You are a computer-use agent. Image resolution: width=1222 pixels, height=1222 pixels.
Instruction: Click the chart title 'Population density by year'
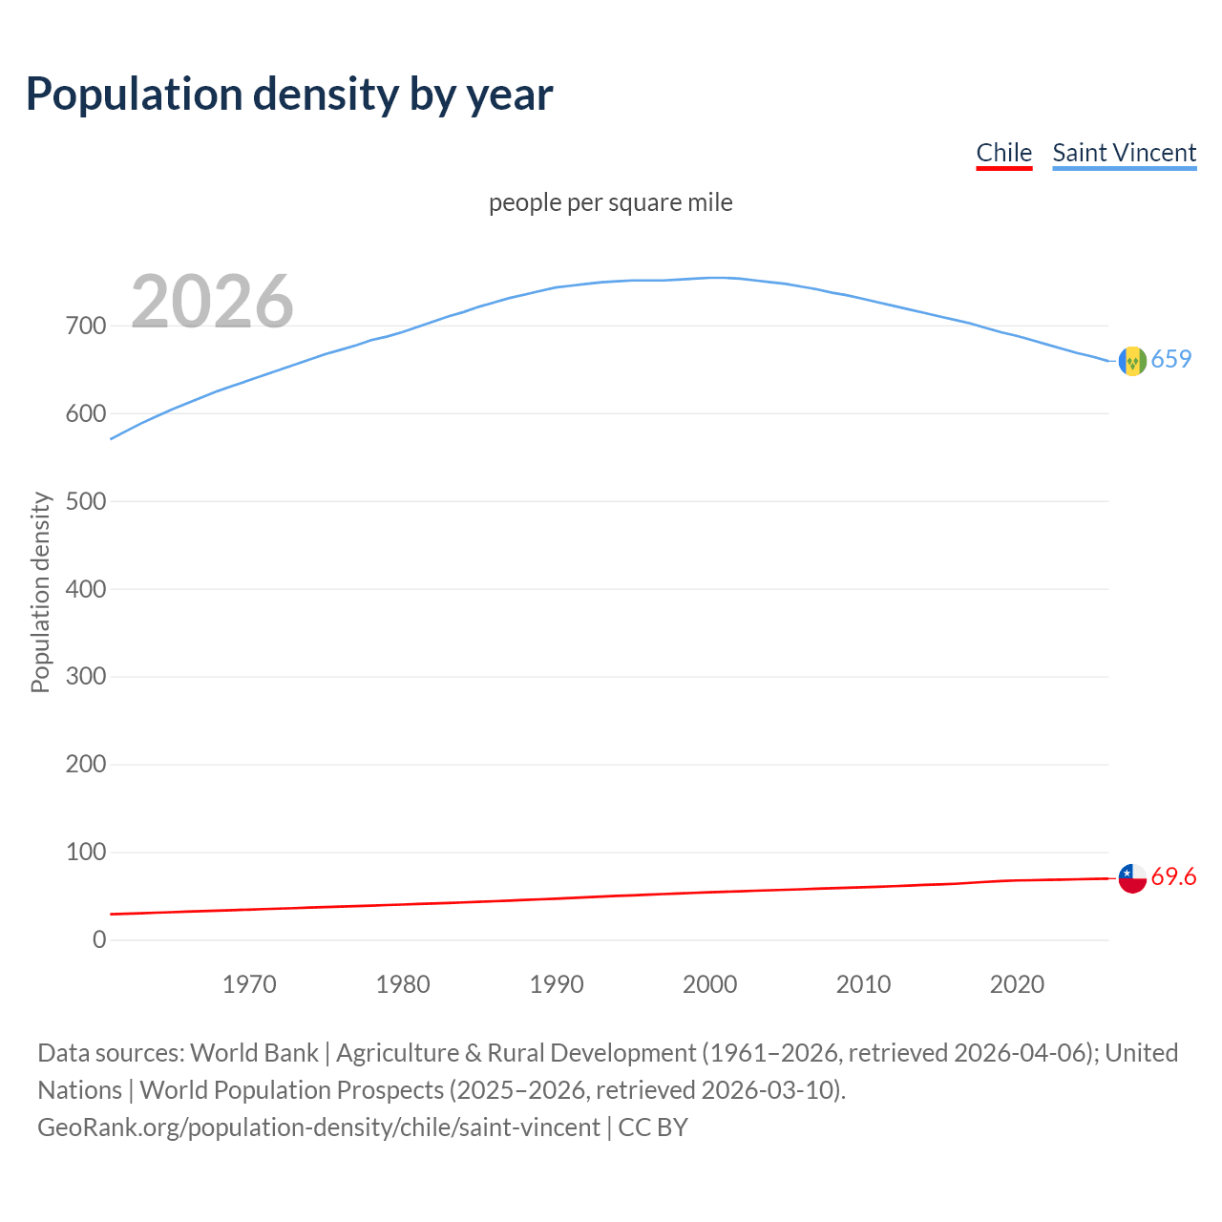pos(289,95)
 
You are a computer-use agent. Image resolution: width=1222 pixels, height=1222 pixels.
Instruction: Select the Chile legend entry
pos(1003,153)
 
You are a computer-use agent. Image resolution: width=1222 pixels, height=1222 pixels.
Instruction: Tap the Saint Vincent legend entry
pos(1124,153)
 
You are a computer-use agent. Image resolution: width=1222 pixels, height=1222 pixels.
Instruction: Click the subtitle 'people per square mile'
pos(610,203)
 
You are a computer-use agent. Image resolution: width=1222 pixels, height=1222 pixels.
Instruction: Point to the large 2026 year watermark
pos(212,302)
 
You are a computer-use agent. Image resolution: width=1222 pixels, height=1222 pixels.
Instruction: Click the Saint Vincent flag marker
pos(1132,361)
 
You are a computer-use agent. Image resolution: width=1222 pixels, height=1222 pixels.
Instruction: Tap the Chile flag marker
pos(1132,878)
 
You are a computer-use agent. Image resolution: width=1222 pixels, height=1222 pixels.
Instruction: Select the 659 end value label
pos(1171,359)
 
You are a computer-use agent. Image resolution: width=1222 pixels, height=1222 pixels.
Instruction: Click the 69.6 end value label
pos(1173,876)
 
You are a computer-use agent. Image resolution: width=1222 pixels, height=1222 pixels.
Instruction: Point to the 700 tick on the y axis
pos(86,327)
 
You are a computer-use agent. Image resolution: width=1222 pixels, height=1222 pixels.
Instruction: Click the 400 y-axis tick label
pos(86,589)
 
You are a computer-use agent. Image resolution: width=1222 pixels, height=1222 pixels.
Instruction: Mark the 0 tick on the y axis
pos(99,939)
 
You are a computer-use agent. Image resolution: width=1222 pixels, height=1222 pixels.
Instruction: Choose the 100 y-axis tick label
pos(86,852)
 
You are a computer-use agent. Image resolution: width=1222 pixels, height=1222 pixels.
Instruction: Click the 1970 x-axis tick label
pos(249,984)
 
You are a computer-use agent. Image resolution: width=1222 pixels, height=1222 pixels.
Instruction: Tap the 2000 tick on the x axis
pos(709,984)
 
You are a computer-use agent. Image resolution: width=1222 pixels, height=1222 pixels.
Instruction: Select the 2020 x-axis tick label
pos(1017,984)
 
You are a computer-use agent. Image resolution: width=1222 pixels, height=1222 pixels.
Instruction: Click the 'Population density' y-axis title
pos(40,592)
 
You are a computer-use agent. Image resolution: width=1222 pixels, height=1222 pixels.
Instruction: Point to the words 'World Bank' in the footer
pos(254,1053)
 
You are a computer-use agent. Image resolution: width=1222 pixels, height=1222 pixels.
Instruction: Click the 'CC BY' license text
pos(653,1127)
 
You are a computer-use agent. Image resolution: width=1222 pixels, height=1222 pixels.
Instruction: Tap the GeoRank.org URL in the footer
pos(319,1127)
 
